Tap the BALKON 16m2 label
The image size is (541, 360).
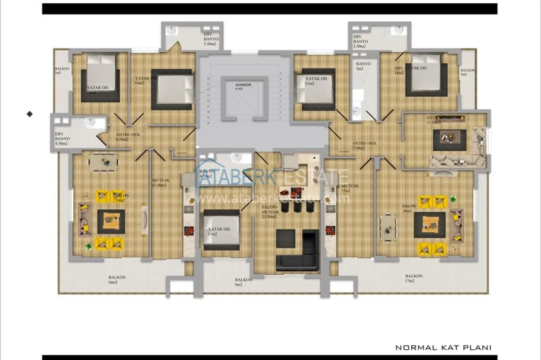pyautogui.click(x=113, y=279)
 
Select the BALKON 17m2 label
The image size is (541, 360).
pyautogui.click(x=413, y=278)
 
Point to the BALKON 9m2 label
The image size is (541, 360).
pyautogui.click(x=243, y=282)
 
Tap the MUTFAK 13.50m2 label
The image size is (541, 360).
pyautogui.click(x=160, y=183)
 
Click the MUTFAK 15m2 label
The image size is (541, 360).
pyautogui.click(x=349, y=188)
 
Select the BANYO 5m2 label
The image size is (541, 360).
pyautogui.click(x=363, y=66)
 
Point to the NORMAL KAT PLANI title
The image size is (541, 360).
pyautogui.click(x=443, y=348)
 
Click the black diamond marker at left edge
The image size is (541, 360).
pyautogui.click(x=29, y=114)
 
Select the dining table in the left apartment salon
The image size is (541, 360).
pyautogui.click(x=102, y=163)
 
